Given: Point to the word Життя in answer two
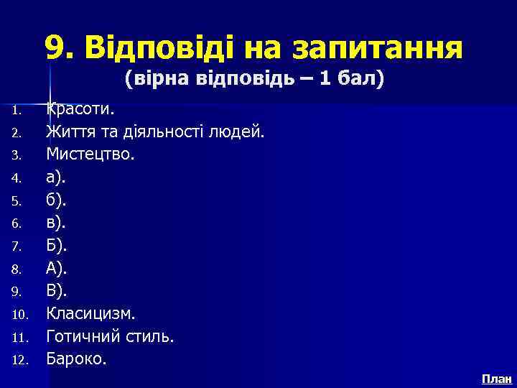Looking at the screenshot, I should point(67,133).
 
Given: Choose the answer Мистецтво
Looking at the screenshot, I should point(90,155).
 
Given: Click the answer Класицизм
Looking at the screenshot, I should point(90,313).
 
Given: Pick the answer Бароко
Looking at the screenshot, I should point(76,359).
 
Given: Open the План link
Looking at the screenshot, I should point(496,379).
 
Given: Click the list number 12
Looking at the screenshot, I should point(19,360).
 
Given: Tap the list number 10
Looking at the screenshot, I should point(19,315).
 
